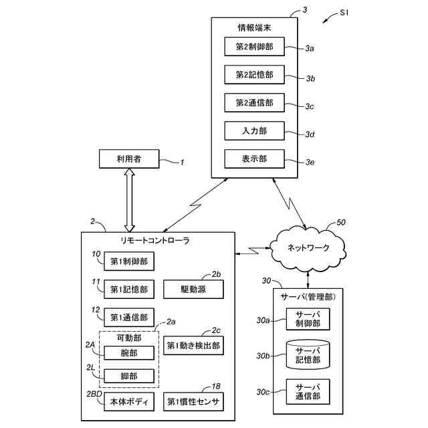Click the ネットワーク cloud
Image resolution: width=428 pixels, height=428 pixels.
pyautogui.click(x=308, y=247)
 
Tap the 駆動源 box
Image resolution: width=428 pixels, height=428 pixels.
pyautogui.click(x=193, y=290)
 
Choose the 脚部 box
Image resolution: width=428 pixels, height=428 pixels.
pyautogui.click(x=129, y=376)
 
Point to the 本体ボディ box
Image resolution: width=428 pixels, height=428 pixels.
pyautogui.click(x=129, y=402)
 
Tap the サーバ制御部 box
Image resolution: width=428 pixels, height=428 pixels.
pyautogui.click(x=308, y=320)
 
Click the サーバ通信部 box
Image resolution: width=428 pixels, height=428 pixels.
pyautogui.click(x=308, y=391)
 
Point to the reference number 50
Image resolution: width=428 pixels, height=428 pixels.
pyautogui.click(x=341, y=223)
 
